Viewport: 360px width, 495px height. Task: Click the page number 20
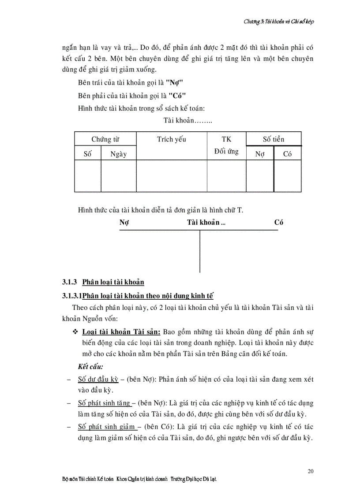point(311,471)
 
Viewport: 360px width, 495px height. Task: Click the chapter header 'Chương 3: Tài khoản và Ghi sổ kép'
point(279,21)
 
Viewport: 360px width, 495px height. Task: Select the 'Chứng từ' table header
point(105,139)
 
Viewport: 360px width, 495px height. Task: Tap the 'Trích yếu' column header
point(171,139)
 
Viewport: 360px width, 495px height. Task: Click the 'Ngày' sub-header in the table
point(119,154)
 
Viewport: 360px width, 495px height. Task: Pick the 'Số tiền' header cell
point(274,139)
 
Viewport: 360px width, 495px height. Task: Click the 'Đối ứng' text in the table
point(226,152)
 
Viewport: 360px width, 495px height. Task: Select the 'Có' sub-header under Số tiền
point(287,154)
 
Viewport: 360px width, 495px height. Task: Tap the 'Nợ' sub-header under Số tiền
point(259,154)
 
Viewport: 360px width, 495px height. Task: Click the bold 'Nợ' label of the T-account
point(124,223)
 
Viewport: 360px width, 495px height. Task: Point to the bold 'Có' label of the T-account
point(278,223)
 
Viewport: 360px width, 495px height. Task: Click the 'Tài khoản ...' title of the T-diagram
point(206,223)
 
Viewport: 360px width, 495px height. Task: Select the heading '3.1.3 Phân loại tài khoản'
point(102,282)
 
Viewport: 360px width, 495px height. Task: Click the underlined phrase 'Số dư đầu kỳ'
point(98,379)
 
